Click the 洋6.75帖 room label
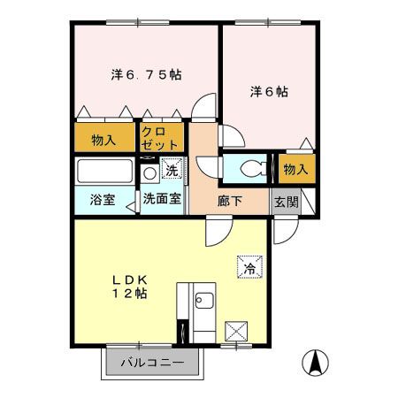(x=146, y=75)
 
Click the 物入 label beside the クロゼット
(x=103, y=139)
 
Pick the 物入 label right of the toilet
(x=295, y=168)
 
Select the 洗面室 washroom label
(x=162, y=200)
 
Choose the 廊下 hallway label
(x=230, y=201)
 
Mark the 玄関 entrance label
(x=285, y=201)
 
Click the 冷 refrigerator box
(x=249, y=264)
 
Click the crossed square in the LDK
(x=237, y=332)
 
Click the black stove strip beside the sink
(x=183, y=332)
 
